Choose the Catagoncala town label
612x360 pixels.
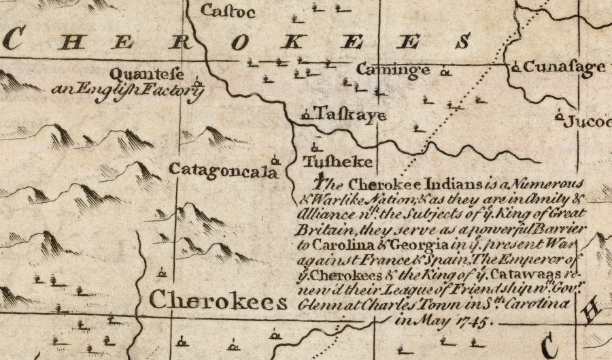point(224,170)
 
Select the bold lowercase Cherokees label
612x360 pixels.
point(218,301)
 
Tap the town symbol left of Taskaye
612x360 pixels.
point(305,114)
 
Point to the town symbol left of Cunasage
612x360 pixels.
point(516,67)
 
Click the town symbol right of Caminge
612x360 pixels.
point(446,70)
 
